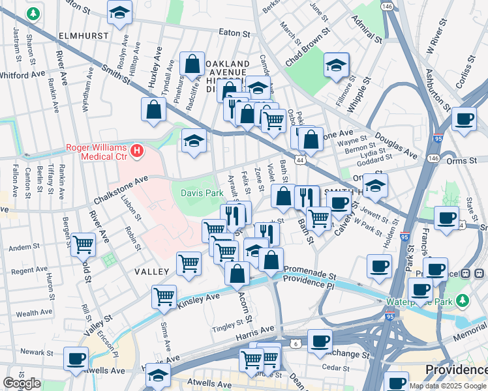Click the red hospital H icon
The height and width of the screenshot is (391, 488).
point(136,152)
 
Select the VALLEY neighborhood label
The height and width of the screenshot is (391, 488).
point(151,271)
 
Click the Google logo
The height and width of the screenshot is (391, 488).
point(22,383)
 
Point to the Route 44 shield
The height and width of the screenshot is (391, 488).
point(300,160)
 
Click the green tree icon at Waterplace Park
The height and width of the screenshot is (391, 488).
point(463,300)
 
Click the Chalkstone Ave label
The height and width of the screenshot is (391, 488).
point(121,182)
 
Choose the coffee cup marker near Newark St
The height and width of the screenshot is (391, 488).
point(76,357)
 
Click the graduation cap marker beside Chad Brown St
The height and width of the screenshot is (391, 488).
point(336,65)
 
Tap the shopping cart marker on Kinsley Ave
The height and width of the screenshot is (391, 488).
point(164,297)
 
